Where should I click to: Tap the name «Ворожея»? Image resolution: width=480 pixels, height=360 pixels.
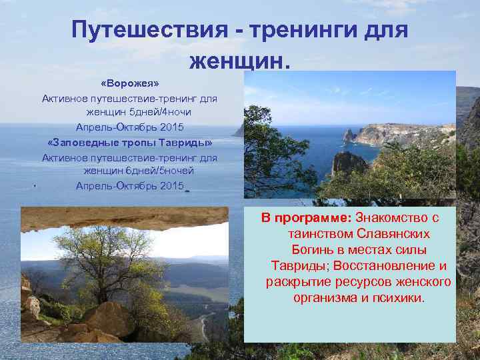(130, 85)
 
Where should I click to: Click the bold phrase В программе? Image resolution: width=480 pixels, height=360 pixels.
(306, 218)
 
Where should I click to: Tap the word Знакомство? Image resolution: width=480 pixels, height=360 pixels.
(389, 218)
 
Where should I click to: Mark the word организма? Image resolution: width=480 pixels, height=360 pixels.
(325, 298)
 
